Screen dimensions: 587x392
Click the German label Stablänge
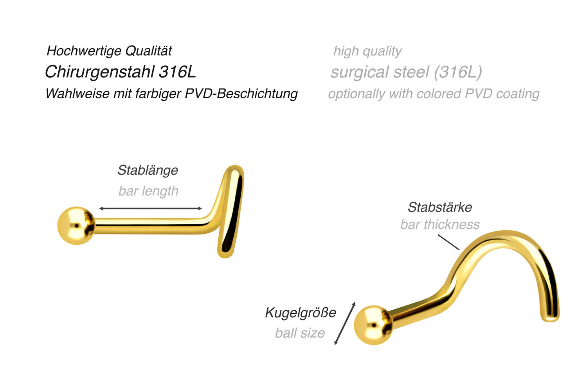(148, 170)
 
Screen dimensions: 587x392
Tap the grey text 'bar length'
(148, 191)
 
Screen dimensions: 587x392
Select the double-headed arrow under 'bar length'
(150, 208)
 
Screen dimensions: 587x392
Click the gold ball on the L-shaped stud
(76, 226)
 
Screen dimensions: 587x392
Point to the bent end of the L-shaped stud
(230, 211)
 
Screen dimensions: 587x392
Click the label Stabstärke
(440, 207)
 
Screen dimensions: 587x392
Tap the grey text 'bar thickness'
(440, 224)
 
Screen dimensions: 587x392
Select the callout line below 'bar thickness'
(448, 242)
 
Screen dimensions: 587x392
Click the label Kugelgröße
(300, 313)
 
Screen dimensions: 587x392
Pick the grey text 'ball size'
(300, 333)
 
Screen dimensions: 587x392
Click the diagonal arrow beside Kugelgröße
(345, 323)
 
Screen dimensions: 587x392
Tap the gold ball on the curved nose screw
(373, 325)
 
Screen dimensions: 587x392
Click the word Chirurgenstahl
(99, 72)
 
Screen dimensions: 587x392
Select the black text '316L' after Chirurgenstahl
(177, 72)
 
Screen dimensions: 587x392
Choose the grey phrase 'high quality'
(367, 51)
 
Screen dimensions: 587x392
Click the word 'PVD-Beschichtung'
(241, 94)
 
